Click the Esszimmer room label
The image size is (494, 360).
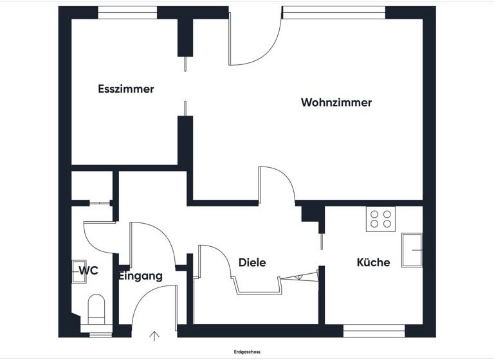click(x=125, y=89)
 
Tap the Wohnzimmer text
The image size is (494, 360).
click(x=336, y=102)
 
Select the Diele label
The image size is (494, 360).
click(x=252, y=262)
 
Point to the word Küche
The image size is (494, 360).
click(x=373, y=262)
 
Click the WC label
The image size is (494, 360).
click(x=88, y=271)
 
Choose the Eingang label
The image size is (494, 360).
click(x=140, y=276)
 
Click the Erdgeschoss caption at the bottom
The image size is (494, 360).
click(x=247, y=352)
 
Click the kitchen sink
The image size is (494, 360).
click(x=412, y=249)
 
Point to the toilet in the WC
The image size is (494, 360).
click(x=97, y=309)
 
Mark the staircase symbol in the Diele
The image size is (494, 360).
click(x=300, y=276)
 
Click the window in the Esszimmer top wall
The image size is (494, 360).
click(x=127, y=12)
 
